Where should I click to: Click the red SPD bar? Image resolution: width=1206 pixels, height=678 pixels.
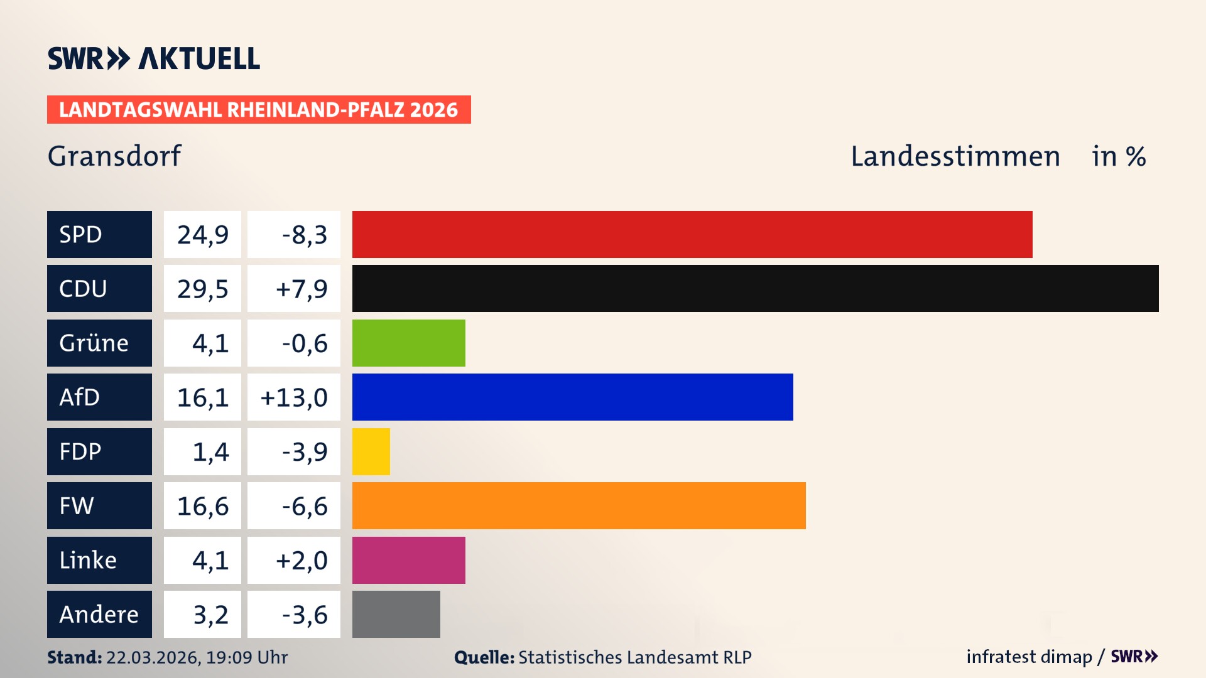click(x=692, y=234)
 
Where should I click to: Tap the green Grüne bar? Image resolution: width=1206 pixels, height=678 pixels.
click(x=408, y=343)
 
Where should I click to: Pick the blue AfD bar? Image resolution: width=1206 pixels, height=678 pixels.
click(x=572, y=397)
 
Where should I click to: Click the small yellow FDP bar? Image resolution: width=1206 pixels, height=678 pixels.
click(x=371, y=451)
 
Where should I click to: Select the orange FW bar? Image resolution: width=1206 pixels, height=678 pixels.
click(x=579, y=505)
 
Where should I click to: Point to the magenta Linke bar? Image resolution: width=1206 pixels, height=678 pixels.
click(x=408, y=560)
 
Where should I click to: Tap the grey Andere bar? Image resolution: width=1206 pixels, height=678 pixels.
click(x=396, y=614)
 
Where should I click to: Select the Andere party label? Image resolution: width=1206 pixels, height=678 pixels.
click(x=99, y=614)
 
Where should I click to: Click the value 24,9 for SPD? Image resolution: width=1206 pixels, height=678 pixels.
click(x=202, y=234)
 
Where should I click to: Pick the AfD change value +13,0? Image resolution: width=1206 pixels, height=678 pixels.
click(x=294, y=397)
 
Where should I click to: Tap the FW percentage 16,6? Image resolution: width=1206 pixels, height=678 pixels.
click(x=202, y=505)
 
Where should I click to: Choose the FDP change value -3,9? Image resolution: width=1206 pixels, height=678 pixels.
click(x=305, y=451)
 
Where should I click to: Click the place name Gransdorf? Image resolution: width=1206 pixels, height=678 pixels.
click(x=114, y=156)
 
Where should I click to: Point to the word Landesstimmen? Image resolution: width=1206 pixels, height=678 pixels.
click(x=955, y=156)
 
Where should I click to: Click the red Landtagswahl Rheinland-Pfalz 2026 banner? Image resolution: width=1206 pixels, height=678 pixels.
click(x=259, y=109)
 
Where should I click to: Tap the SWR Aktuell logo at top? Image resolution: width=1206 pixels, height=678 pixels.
click(x=154, y=58)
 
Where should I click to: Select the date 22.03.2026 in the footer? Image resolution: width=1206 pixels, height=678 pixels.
click(x=153, y=657)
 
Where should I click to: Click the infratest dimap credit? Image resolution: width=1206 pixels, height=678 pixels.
click(x=1029, y=657)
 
